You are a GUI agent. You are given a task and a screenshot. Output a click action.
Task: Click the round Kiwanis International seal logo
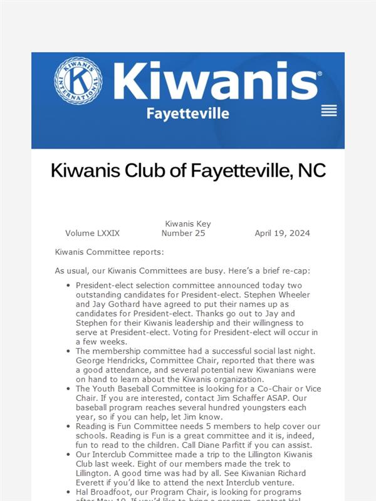[x=78, y=81]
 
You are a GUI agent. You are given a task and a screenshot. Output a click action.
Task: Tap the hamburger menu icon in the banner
[x=329, y=111]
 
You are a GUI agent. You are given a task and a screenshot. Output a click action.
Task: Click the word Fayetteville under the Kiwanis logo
[x=187, y=113]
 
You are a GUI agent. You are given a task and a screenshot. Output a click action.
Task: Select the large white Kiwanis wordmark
[x=217, y=81]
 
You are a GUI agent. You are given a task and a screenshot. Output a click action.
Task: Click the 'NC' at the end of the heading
[x=311, y=170]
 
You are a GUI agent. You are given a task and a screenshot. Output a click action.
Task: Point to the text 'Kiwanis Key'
[x=188, y=224]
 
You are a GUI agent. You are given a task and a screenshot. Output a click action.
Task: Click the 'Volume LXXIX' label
[x=92, y=233]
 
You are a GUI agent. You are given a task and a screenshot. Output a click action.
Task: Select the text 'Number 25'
[x=183, y=233]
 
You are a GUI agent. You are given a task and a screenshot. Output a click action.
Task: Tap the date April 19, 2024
[x=282, y=233]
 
